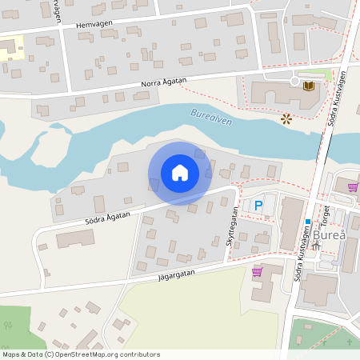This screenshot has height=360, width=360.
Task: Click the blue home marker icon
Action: [x=179, y=173]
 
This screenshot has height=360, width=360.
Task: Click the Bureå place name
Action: [x=330, y=236]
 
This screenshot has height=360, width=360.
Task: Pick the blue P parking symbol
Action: [x=258, y=206]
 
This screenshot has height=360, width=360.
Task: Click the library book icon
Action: [x=308, y=85]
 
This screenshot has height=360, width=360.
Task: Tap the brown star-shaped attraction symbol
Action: [x=286, y=118]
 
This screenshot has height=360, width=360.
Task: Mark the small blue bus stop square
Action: [x=307, y=222]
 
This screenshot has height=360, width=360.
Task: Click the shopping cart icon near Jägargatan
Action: [x=257, y=272]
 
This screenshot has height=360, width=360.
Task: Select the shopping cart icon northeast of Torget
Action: [x=353, y=187]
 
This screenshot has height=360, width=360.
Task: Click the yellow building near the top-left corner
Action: [x=9, y=48]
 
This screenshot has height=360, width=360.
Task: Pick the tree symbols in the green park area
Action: [x=9, y=326]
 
